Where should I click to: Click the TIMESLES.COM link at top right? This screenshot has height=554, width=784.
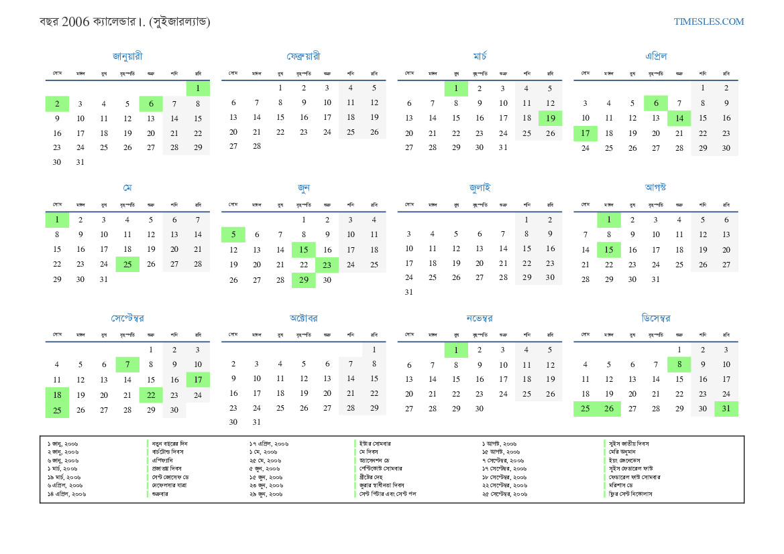pyautogui.click(x=709, y=21)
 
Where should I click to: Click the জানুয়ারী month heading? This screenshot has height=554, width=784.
pyautogui.click(x=127, y=56)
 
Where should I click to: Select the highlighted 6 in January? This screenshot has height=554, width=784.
pyautogui.click(x=151, y=104)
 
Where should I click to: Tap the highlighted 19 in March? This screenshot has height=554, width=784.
pyautogui.click(x=551, y=119)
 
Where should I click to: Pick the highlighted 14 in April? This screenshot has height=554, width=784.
pyautogui.click(x=679, y=119)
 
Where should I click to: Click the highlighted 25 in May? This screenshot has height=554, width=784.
pyautogui.click(x=127, y=264)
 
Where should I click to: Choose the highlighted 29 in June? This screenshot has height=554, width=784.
pyautogui.click(x=304, y=280)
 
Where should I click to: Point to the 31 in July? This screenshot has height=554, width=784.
pyautogui.click(x=409, y=292)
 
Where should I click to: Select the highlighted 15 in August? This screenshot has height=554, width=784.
pyautogui.click(x=609, y=250)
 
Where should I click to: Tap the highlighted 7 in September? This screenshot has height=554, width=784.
pyautogui.click(x=127, y=364)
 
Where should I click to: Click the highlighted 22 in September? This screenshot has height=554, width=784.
pyautogui.click(x=151, y=395)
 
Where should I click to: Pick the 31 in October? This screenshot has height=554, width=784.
pyautogui.click(x=257, y=422)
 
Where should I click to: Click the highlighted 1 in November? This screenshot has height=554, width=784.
pyautogui.click(x=456, y=350)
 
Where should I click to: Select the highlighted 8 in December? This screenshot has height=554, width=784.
pyautogui.click(x=679, y=364)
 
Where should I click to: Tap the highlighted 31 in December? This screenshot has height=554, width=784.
pyautogui.click(x=726, y=409)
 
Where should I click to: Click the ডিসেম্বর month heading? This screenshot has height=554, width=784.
pyautogui.click(x=656, y=318)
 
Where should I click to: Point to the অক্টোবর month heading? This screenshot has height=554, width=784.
pyautogui.click(x=303, y=318)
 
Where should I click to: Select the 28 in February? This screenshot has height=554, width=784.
pyautogui.click(x=257, y=147)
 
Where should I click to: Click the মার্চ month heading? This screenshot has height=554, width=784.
pyautogui.click(x=480, y=56)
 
